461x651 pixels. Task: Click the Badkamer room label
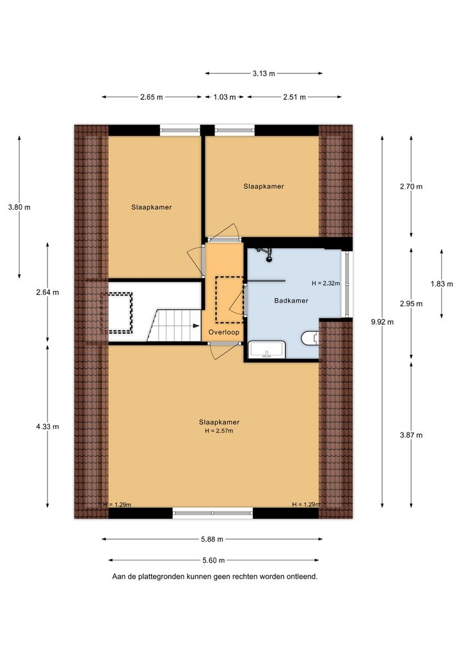(x=291, y=301)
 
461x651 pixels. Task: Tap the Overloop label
(x=223, y=332)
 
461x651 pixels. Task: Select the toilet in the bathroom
(x=310, y=338)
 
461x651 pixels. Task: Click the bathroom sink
(x=267, y=350)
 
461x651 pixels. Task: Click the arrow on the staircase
(x=195, y=326)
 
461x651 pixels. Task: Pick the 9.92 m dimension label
(x=382, y=322)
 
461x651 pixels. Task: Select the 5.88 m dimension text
(x=212, y=539)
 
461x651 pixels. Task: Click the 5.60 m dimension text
(x=213, y=560)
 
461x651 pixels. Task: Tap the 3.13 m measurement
(x=264, y=74)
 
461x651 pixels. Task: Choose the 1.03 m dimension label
(x=225, y=97)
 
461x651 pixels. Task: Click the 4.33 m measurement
(x=47, y=427)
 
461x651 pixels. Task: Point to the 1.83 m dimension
(x=441, y=284)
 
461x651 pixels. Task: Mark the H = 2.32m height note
(x=326, y=283)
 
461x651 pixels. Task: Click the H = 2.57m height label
(x=219, y=431)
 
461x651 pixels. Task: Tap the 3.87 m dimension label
(x=411, y=435)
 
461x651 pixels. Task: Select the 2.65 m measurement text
(x=151, y=97)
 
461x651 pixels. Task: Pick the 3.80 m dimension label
(x=19, y=207)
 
